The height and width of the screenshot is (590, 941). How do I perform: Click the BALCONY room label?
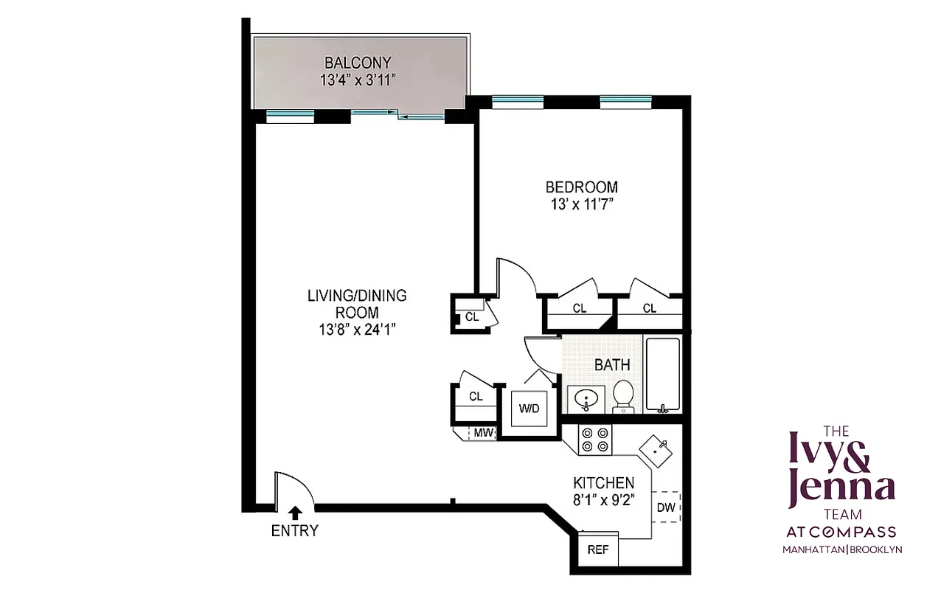click(x=358, y=63)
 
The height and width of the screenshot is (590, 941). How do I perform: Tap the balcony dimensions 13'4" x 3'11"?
click(x=358, y=80)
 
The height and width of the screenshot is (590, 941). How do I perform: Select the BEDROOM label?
click(x=581, y=187)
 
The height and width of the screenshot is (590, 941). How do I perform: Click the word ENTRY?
click(x=295, y=530)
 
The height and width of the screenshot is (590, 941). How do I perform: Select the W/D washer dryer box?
click(x=529, y=409)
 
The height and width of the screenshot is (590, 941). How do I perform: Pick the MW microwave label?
click(x=483, y=433)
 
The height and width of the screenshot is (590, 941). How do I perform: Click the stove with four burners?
click(x=595, y=440)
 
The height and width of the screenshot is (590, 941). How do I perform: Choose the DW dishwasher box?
click(x=666, y=507)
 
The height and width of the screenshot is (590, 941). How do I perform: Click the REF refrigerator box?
click(x=597, y=550)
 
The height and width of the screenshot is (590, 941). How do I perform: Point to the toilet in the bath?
click(x=624, y=397)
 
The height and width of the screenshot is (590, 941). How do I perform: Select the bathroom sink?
click(x=586, y=400)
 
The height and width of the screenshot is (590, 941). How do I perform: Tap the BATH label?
click(x=612, y=364)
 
